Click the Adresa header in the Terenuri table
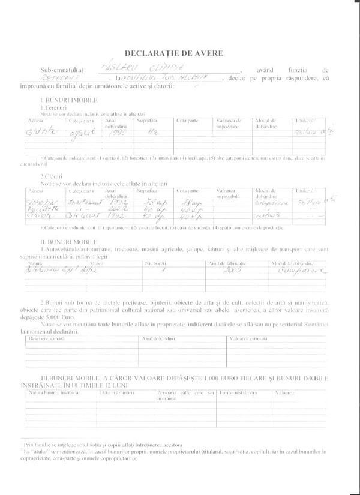click(35, 120)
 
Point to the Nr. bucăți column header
click(155, 262)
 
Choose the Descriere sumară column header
click(47, 337)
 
